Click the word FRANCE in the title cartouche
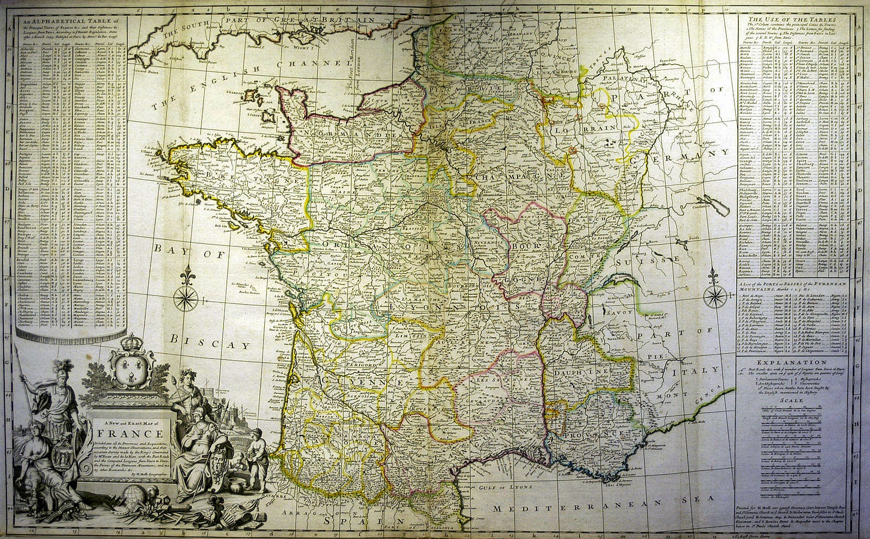(x=130, y=434)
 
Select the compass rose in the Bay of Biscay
(x=187, y=296)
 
